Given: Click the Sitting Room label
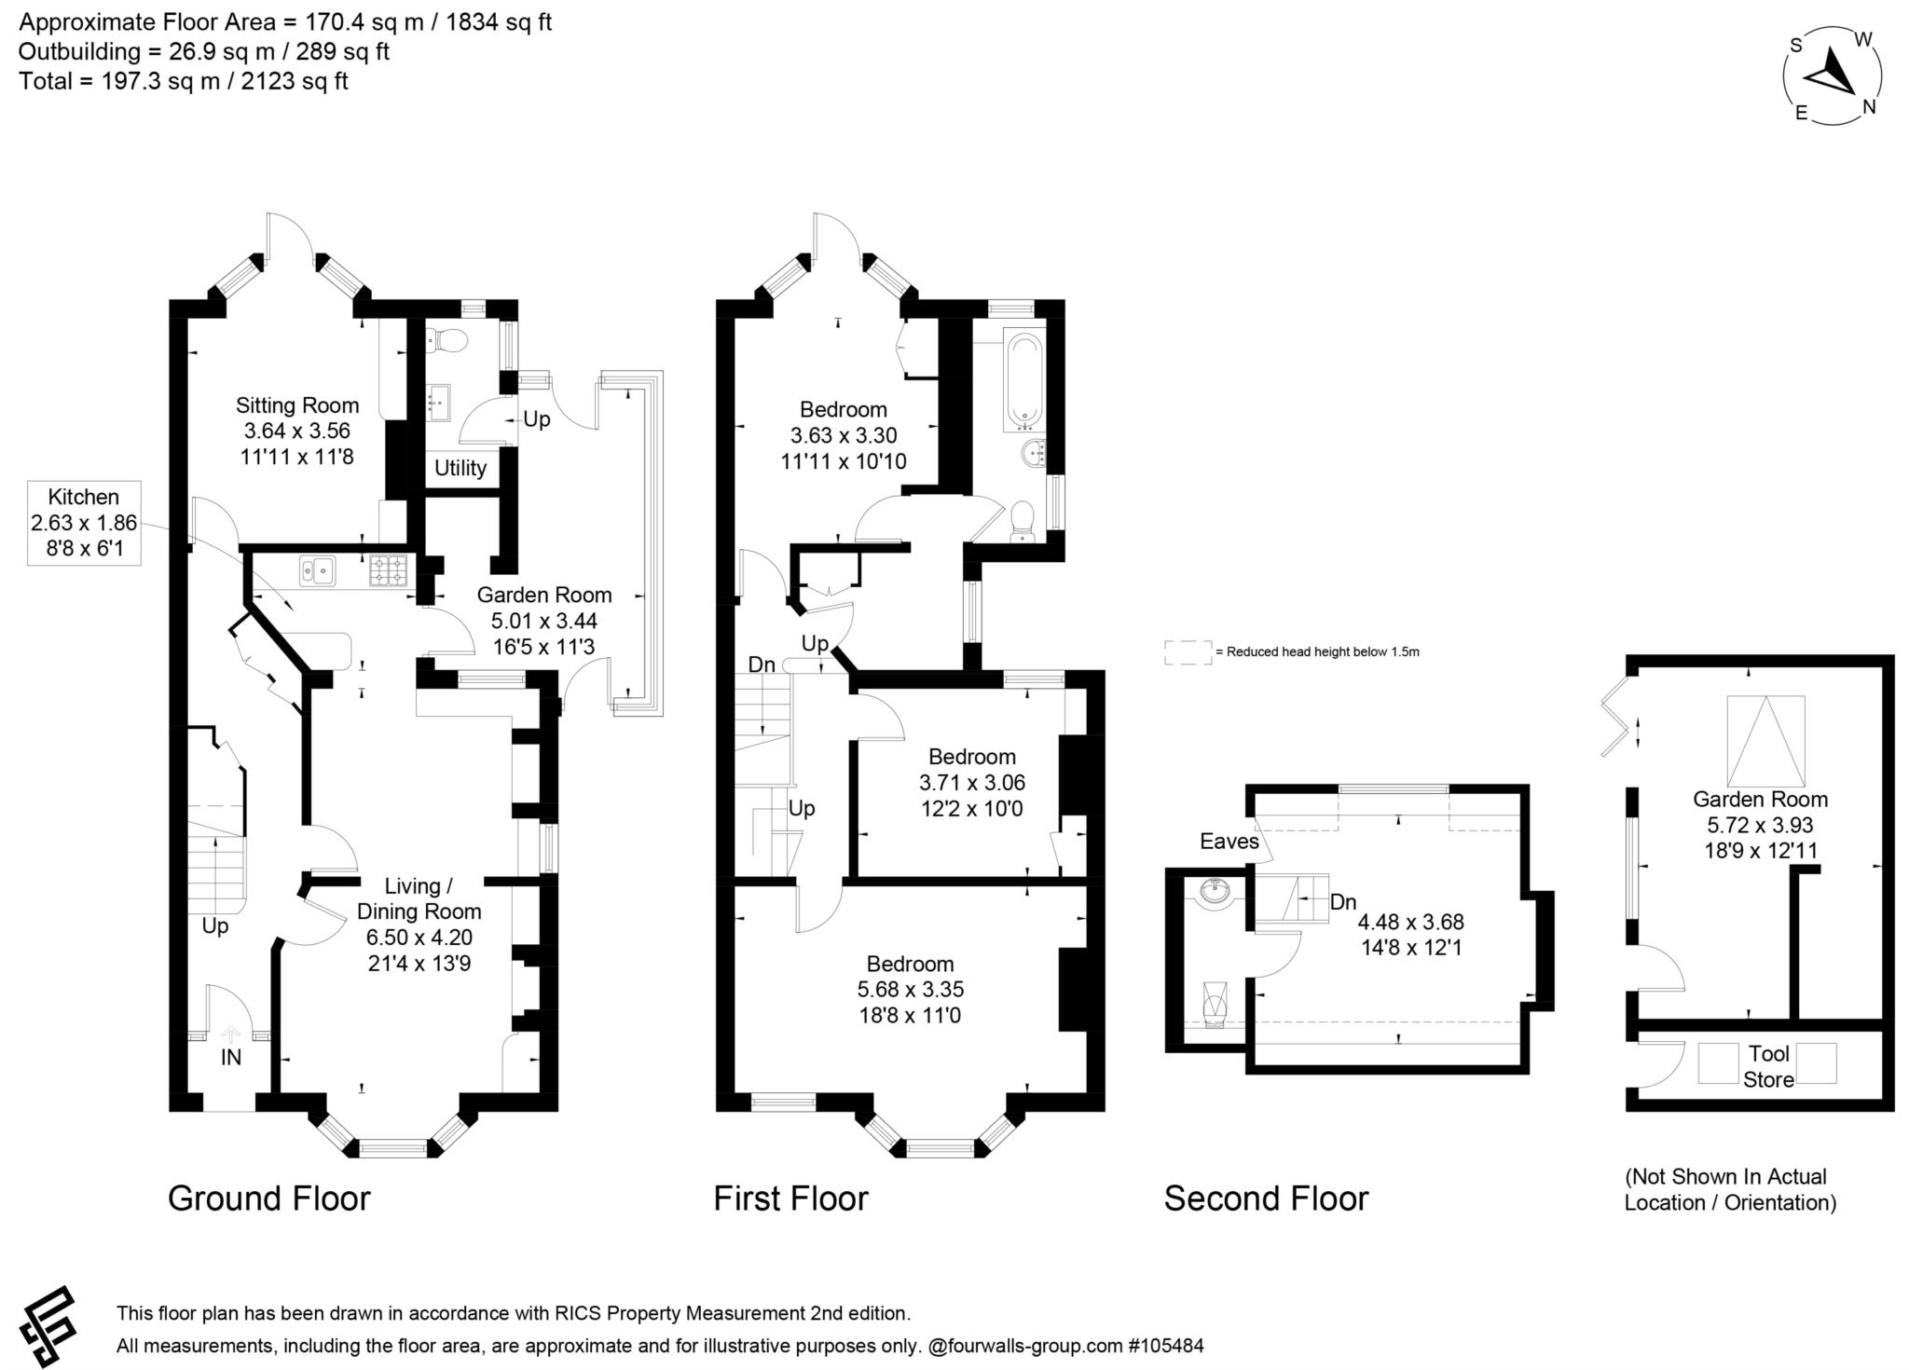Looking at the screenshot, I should (296, 405).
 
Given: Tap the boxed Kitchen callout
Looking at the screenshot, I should (84, 523).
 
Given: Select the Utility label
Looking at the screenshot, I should (460, 468).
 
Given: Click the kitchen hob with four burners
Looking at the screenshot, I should (390, 569).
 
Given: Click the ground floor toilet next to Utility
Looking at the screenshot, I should (446, 342).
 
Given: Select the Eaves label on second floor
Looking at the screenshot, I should (1229, 842).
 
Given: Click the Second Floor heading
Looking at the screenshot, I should (1266, 1199).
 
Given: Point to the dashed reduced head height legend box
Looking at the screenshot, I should (1187, 652).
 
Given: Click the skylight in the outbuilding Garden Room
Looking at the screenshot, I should (1765, 742).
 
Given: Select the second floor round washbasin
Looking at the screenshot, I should (1216, 893).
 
